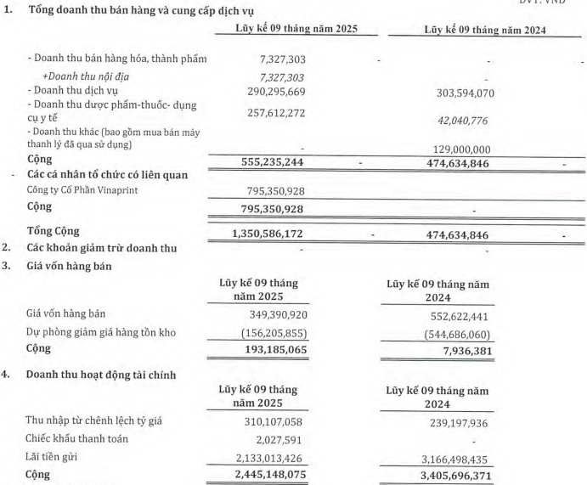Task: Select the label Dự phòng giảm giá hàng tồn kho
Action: click(x=101, y=332)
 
